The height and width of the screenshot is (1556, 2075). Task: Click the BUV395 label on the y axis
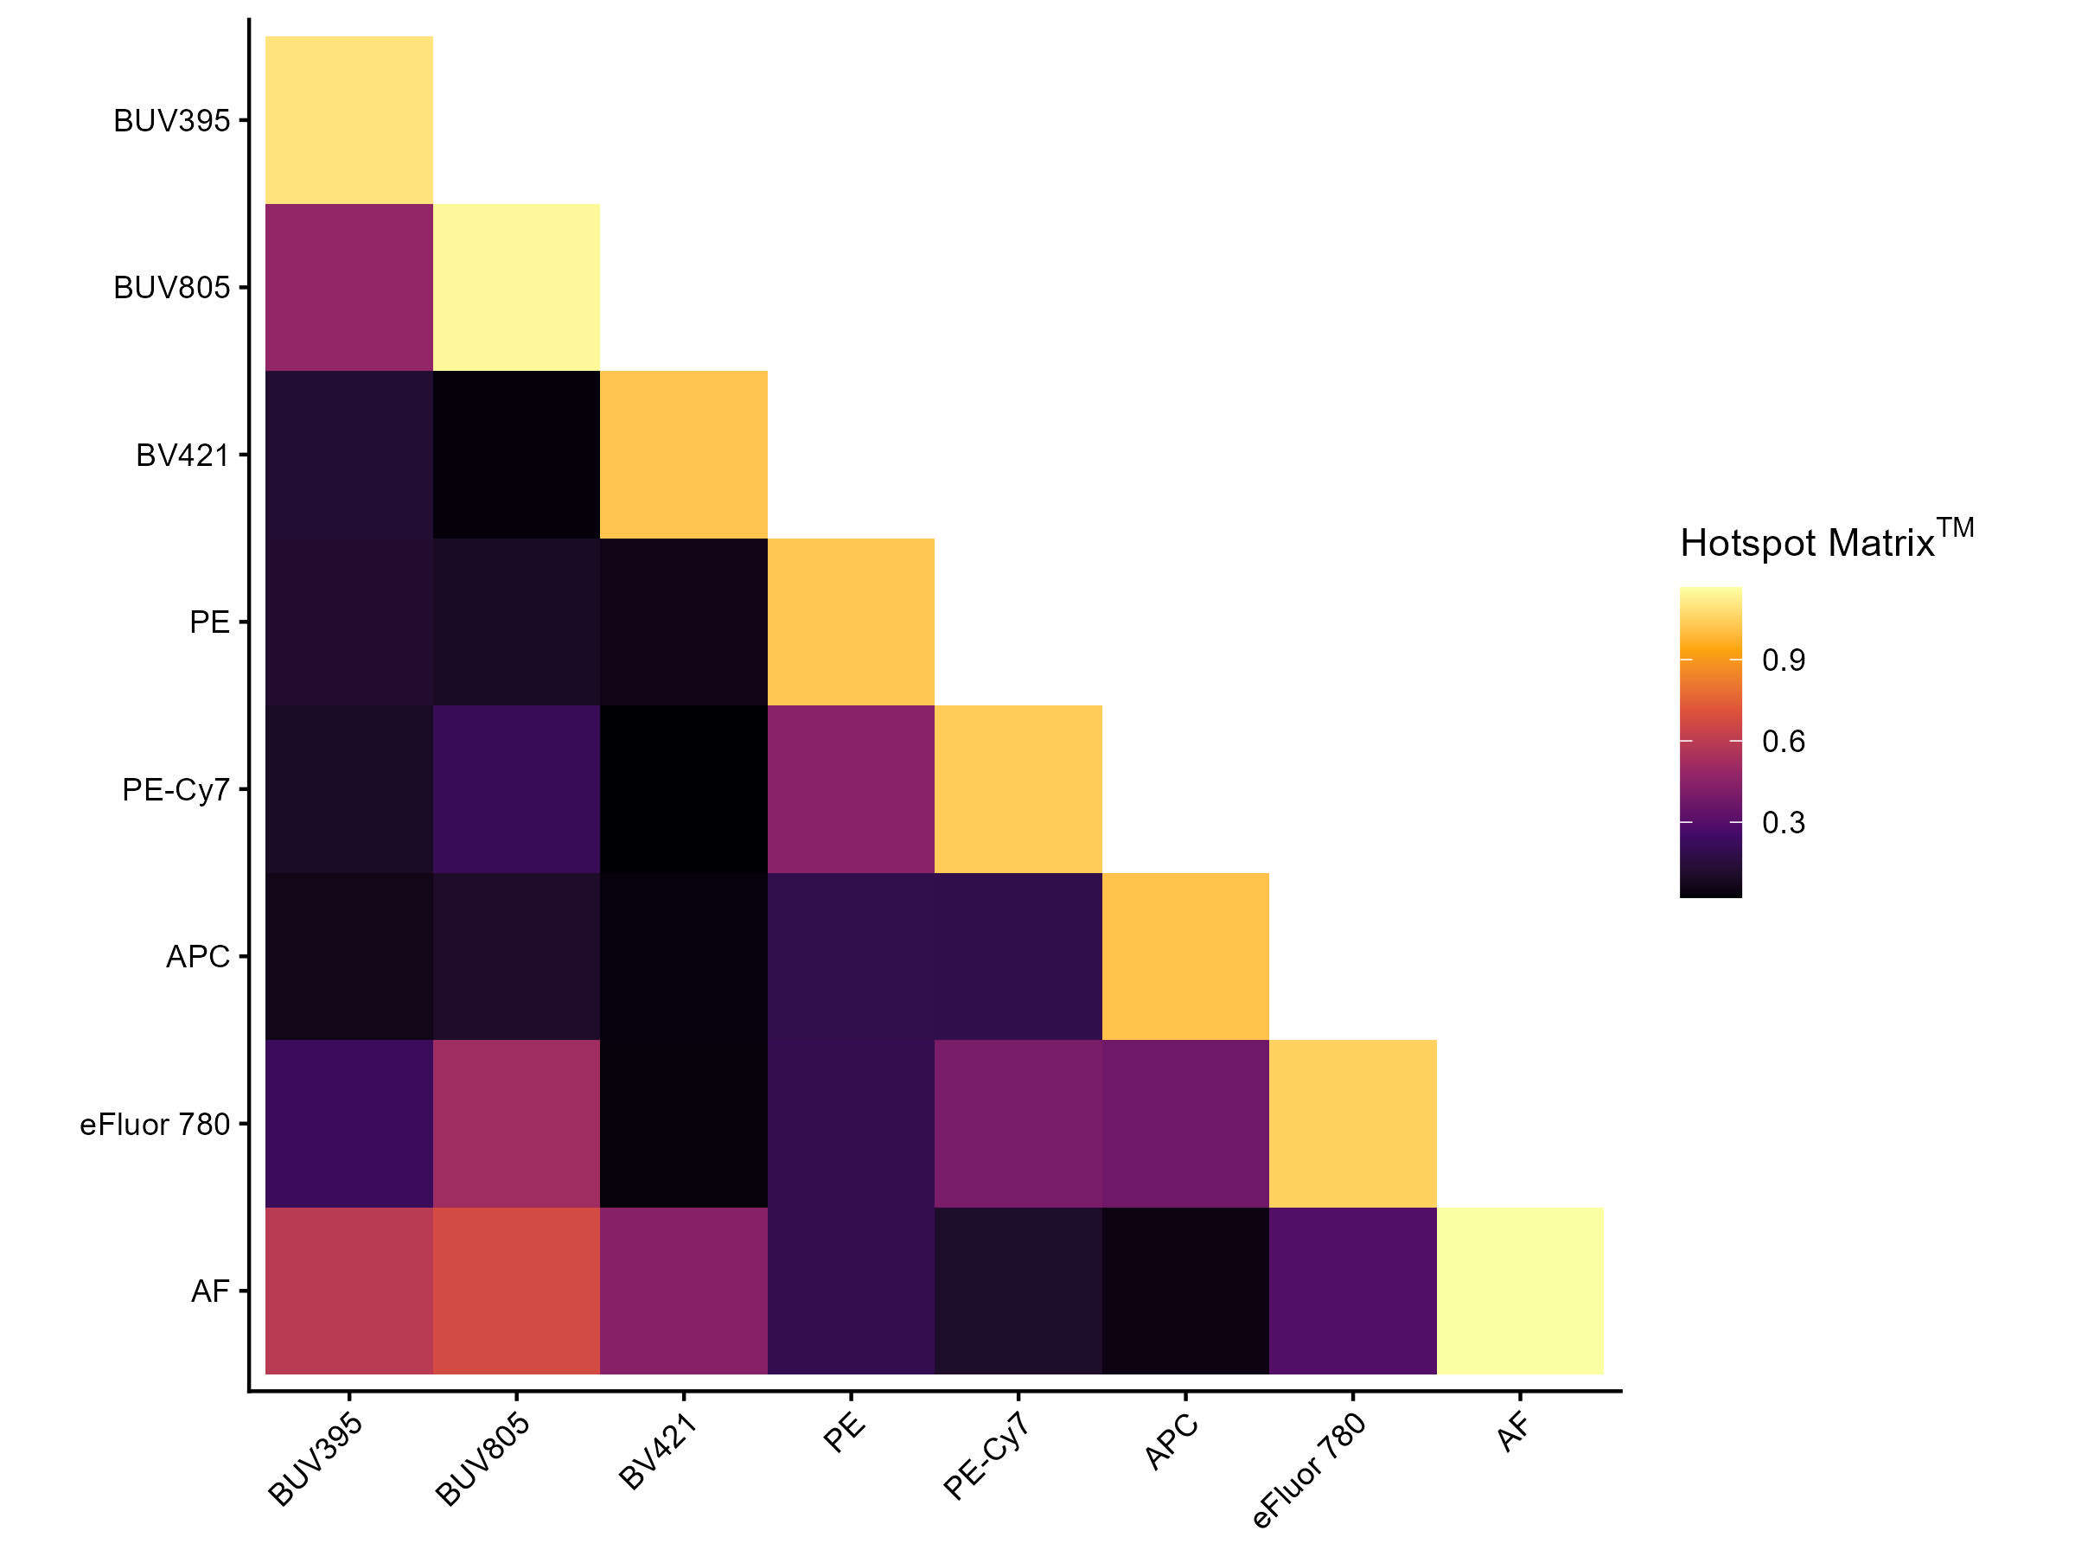pos(172,121)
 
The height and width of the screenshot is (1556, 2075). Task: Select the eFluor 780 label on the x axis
pos(1310,1470)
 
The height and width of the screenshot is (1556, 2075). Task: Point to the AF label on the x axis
pos(1512,1433)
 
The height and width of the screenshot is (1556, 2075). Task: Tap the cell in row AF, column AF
pos(1520,1291)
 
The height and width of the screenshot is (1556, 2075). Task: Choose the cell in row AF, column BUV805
pos(516,1291)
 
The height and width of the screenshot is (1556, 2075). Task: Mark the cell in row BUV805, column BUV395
pos(349,287)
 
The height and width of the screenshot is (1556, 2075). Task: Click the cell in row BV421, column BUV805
pos(516,455)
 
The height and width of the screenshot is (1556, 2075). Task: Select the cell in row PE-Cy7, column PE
pos(851,788)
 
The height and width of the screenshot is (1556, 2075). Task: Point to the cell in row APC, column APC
pos(1184,956)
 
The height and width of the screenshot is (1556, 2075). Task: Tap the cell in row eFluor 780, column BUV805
pos(516,1123)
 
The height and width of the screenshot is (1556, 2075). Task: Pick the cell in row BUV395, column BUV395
pos(349,120)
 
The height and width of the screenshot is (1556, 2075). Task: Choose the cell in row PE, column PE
pos(851,622)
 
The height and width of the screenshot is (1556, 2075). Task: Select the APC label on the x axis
pos(1172,1442)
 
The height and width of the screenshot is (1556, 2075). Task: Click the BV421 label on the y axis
pos(183,456)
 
